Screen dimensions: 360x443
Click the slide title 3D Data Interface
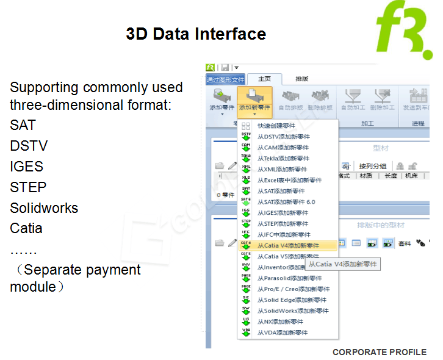coord(196,34)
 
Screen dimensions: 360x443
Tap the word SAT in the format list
coord(23,125)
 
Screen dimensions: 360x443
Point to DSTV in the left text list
coord(29,146)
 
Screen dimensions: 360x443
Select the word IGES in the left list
coord(26,167)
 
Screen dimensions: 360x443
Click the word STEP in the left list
coord(28,187)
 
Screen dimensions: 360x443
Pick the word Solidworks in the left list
coord(44,208)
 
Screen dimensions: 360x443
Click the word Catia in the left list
coord(26,229)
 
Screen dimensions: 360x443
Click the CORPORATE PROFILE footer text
coord(380,352)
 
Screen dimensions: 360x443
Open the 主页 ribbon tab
coord(264,79)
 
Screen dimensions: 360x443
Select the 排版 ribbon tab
coord(301,79)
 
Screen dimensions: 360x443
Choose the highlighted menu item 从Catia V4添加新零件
coord(288,245)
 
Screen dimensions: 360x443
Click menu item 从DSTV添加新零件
coord(283,137)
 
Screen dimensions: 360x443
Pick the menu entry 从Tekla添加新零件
coord(283,159)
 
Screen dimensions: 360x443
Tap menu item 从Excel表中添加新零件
coord(289,180)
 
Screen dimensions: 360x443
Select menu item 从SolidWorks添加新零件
coord(293,311)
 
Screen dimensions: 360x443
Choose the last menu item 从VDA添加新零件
coord(283,333)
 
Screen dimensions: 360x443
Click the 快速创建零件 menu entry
coord(276,126)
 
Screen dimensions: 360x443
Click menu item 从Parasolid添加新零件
coord(289,278)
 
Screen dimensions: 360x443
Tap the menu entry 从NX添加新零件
coord(280,322)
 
